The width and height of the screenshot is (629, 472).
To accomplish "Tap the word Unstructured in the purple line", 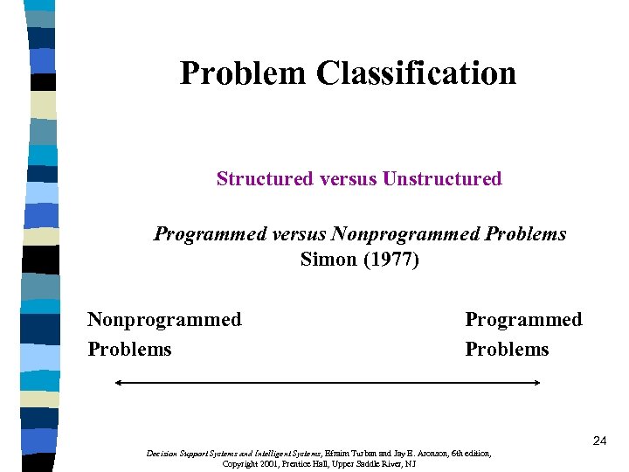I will [x=442, y=179].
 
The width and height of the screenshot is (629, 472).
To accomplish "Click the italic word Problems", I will [x=525, y=234].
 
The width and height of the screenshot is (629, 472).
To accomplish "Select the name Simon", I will [x=328, y=260].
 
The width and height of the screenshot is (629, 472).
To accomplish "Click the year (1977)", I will [x=390, y=260].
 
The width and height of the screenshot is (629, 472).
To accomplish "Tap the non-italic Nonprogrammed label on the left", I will [x=164, y=320].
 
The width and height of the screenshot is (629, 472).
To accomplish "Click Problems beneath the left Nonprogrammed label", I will [x=129, y=350].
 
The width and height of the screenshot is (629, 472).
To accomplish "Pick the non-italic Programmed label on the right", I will [x=523, y=320].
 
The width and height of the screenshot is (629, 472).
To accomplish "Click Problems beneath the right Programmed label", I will [x=507, y=350].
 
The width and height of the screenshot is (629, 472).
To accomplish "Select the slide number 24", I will [x=599, y=441].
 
